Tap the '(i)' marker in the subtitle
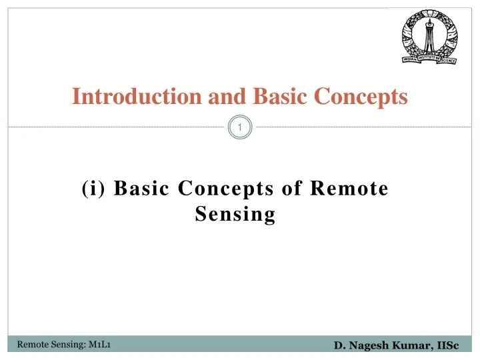[94, 189]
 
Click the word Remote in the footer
[31, 345]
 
